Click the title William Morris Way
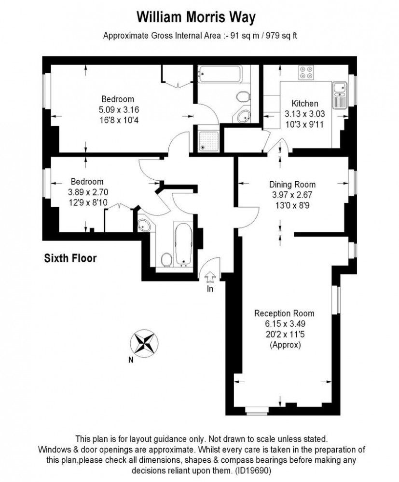(x=196, y=17)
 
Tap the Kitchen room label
(x=304, y=103)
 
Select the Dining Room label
(x=292, y=185)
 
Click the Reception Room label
(x=284, y=314)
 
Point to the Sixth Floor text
(x=70, y=258)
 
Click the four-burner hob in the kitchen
(x=306, y=73)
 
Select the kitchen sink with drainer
(x=340, y=95)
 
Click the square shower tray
(x=208, y=141)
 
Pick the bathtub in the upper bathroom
(x=220, y=74)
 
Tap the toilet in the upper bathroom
(x=244, y=96)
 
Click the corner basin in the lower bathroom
(x=144, y=225)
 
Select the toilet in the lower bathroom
(x=166, y=260)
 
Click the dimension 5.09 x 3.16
(x=119, y=109)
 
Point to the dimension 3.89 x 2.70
(x=88, y=192)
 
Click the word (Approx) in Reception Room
(x=285, y=345)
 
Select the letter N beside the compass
(x=131, y=360)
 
